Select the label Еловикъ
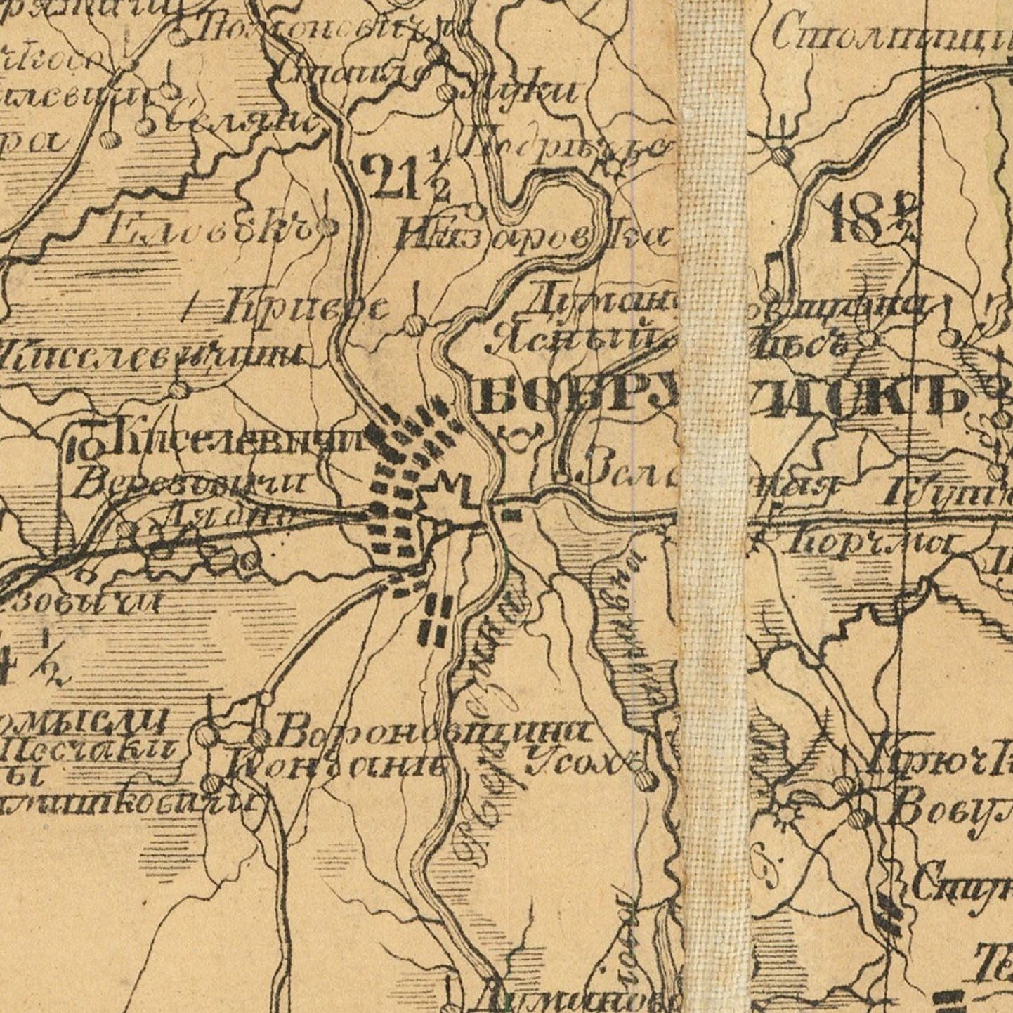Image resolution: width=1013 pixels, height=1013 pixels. coord(207,228)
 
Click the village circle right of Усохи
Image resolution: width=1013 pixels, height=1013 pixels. coord(644,779)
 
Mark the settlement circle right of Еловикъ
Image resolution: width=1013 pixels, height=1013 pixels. coord(327,226)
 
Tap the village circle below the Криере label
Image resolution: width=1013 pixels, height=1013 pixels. coord(415,325)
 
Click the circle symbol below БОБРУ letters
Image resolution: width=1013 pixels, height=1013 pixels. coord(518,440)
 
